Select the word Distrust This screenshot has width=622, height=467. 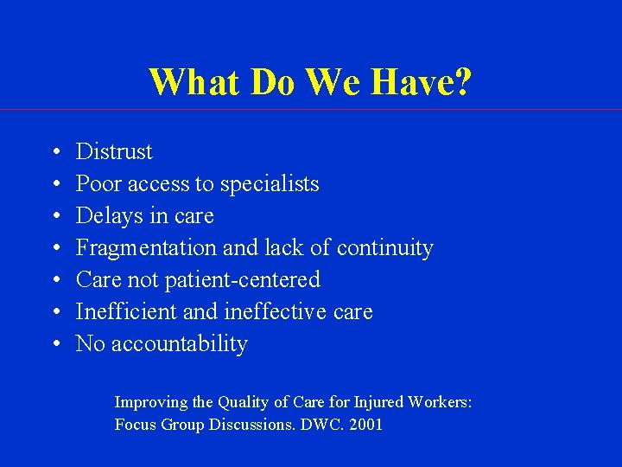(114, 151)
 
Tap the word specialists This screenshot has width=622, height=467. (270, 183)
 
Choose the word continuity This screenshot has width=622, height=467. (384, 247)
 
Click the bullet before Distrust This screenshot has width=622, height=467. (54, 152)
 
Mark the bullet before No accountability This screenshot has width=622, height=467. (54, 344)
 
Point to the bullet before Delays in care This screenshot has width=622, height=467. (54, 216)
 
